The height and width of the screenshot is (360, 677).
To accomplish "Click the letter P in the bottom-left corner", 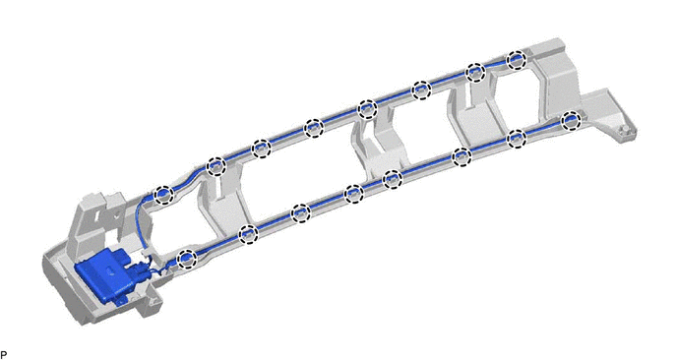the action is click(4, 355).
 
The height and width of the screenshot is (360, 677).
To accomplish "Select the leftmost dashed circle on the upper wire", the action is click(163, 195).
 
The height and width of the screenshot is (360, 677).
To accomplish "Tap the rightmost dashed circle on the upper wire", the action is click(517, 60).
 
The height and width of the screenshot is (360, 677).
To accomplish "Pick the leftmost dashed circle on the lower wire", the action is click(187, 258).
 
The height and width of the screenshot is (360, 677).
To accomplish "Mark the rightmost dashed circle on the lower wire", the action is click(571, 120).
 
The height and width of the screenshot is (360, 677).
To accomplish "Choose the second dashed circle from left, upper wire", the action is click(216, 166).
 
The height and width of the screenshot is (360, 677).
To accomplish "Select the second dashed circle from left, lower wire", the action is click(248, 234).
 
